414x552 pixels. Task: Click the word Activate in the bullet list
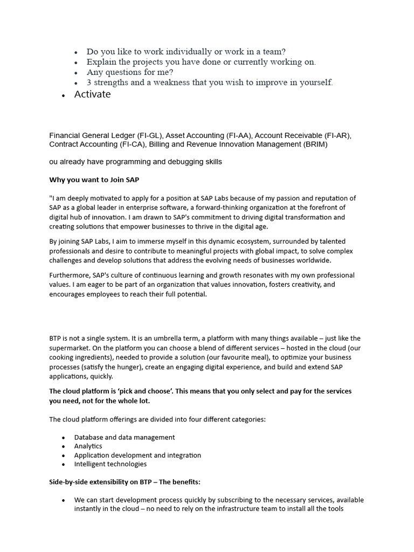(92, 94)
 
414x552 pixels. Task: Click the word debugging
(163, 162)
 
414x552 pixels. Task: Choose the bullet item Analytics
(88, 446)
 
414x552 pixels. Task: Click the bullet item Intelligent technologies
(110, 464)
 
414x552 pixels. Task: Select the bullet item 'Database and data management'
(125, 437)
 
